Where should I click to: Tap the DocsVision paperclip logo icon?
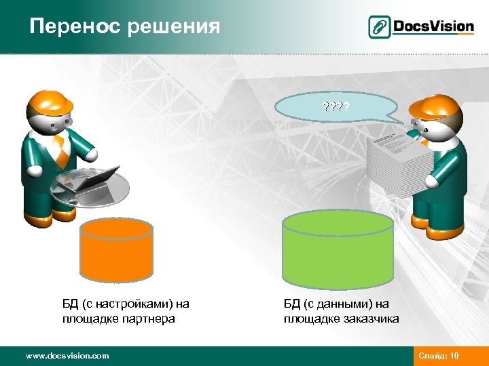(x=379, y=27)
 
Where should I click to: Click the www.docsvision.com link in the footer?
(x=67, y=355)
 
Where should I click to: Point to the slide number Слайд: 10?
(x=439, y=355)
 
